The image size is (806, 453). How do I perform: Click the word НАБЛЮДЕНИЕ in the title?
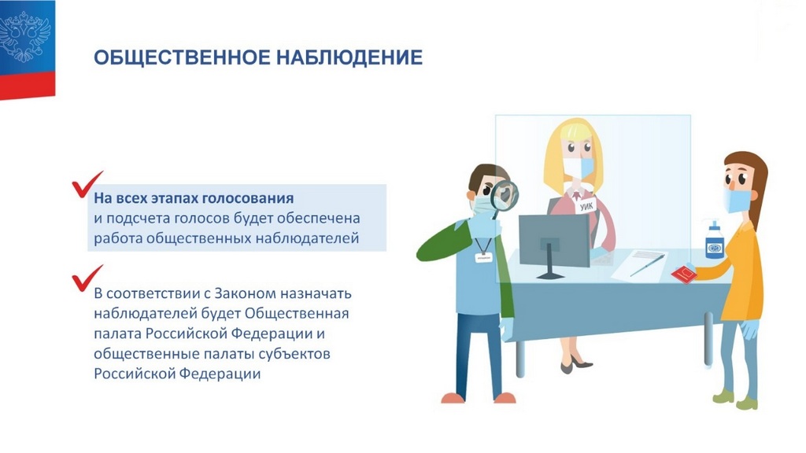point(349,57)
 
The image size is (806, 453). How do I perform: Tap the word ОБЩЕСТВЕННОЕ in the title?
point(182,57)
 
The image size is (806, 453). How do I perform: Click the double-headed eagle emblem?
point(24,37)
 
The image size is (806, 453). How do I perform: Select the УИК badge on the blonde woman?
point(586,205)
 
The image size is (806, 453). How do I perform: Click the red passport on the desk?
point(684,274)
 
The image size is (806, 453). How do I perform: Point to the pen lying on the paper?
point(647,265)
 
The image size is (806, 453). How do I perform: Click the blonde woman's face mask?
point(578,168)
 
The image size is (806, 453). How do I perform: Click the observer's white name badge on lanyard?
point(483,257)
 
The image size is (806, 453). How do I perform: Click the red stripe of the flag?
point(28,86)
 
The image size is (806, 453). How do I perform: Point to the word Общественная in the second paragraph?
point(297,313)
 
